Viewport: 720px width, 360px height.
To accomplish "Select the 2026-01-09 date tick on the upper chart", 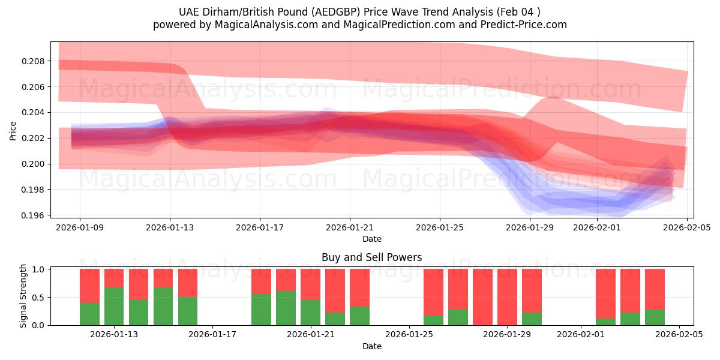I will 80,227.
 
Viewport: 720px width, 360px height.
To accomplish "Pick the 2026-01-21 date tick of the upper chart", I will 350,227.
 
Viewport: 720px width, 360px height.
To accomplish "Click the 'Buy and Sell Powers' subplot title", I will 371,257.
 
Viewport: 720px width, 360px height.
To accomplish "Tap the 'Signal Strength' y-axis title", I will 23,296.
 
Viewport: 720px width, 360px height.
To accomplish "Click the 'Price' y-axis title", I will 13,130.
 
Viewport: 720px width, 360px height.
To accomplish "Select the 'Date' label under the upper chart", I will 371,239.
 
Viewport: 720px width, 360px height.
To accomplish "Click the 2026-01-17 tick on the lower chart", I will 213,335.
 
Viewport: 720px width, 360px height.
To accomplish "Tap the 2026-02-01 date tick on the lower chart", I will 581,335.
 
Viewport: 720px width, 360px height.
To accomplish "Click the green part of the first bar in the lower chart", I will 89,314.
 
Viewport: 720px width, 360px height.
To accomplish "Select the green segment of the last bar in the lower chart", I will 655,317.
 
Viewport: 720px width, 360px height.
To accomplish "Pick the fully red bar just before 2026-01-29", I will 482,297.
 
